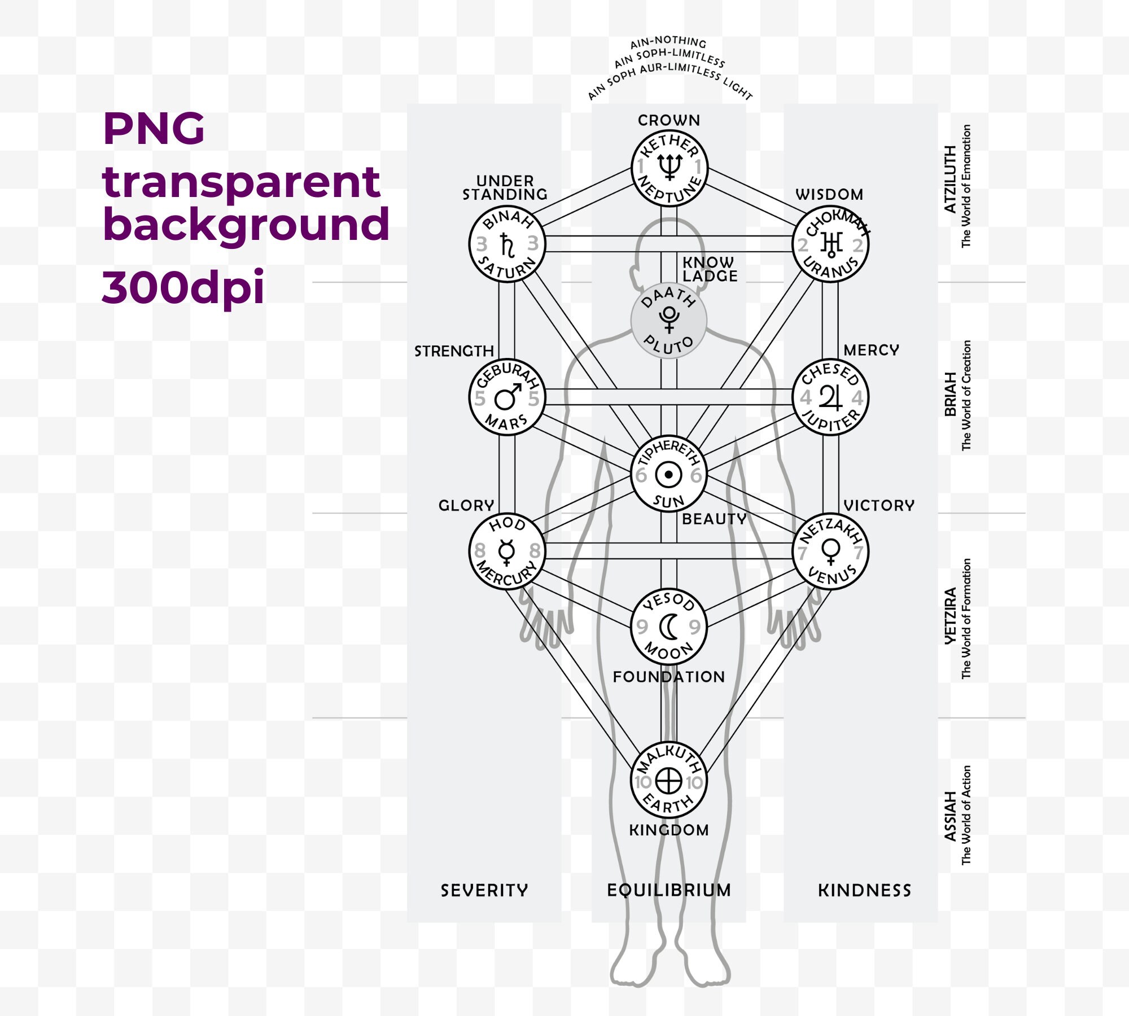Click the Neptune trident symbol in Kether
(669, 167)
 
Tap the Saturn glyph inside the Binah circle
(507, 245)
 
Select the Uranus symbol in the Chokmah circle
(831, 244)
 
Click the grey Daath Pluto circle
(669, 321)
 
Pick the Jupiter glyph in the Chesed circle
(830, 397)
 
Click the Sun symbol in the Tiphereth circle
(669, 475)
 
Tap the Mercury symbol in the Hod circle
(506, 551)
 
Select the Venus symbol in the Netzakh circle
(831, 551)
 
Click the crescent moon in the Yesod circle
(668, 627)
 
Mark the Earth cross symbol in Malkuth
(669, 782)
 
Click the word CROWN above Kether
(669, 120)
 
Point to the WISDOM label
(829, 195)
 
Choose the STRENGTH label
(454, 351)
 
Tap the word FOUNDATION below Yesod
(669, 677)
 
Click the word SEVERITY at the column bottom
(484, 891)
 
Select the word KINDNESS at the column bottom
(865, 891)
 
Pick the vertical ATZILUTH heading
(951, 179)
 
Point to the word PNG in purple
(154, 129)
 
